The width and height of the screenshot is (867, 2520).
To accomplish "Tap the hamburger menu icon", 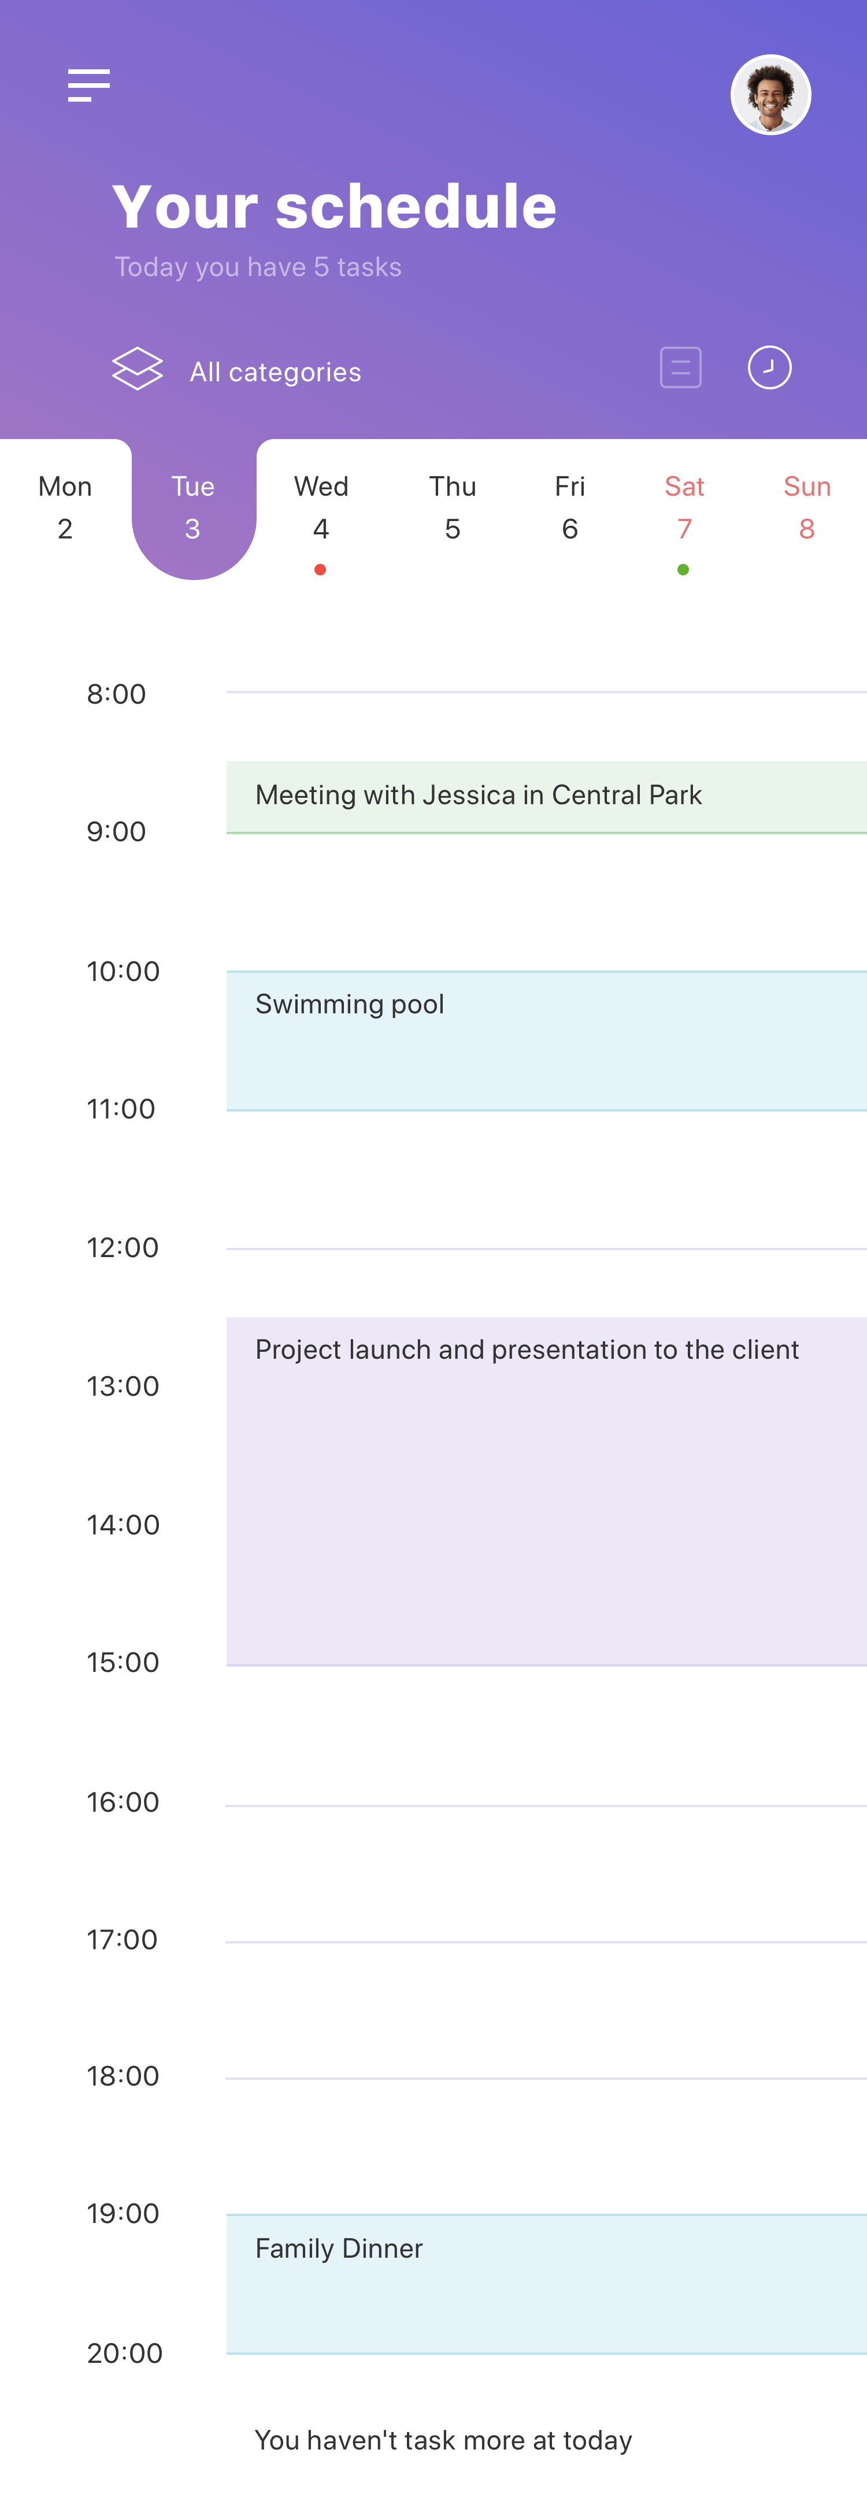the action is click(88, 85).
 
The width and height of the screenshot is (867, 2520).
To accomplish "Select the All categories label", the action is click(275, 371).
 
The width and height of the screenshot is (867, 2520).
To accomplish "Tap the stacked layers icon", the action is click(137, 369).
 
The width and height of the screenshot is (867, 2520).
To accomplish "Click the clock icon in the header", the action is click(769, 368).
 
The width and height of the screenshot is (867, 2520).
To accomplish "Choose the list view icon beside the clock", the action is click(680, 368).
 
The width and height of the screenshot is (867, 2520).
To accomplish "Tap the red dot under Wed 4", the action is click(320, 570).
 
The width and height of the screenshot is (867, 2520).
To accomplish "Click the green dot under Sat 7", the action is click(683, 570).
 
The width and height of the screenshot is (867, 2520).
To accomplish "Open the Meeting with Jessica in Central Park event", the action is click(546, 797).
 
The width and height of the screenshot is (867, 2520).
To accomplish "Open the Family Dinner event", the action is click(546, 2283).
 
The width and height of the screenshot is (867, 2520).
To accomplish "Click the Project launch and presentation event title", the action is click(527, 1350).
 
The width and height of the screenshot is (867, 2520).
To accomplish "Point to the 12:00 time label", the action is click(123, 1247).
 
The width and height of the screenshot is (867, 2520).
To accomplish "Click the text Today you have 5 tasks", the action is click(258, 267).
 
